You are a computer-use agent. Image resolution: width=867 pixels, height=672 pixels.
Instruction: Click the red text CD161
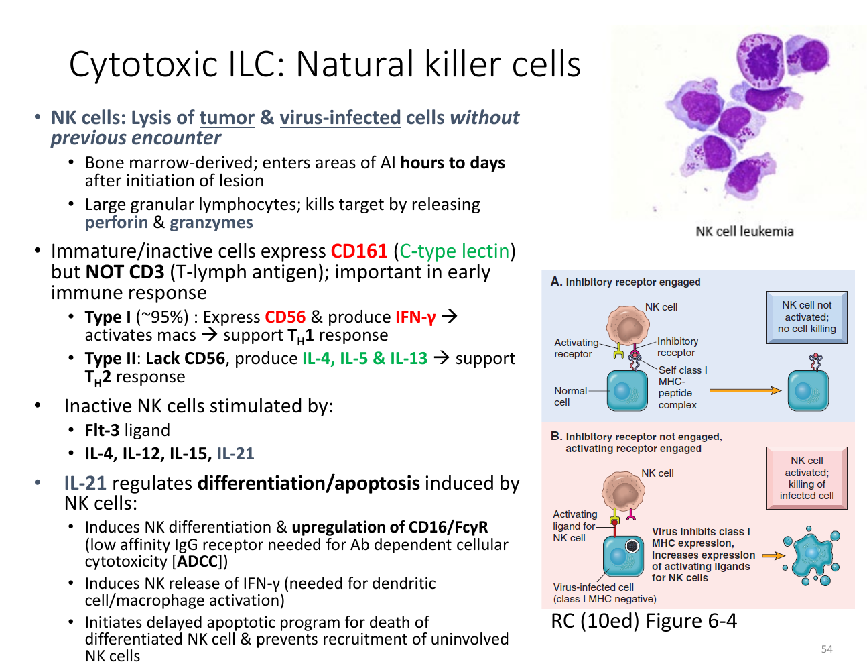[x=358, y=251]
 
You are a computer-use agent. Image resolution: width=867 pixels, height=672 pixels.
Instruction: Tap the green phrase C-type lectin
[x=454, y=251]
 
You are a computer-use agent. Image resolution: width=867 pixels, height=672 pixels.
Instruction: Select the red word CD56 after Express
[x=285, y=317]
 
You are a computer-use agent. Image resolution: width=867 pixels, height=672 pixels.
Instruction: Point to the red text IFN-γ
[x=415, y=317]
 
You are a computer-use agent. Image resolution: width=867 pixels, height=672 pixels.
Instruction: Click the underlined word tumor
[x=227, y=118]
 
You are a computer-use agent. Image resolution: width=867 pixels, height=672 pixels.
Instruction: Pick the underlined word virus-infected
[x=340, y=118]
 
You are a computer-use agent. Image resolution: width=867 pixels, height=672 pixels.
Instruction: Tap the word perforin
[x=116, y=223]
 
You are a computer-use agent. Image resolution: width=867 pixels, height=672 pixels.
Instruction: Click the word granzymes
[x=211, y=223]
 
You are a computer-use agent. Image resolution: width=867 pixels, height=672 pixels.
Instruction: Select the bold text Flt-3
[x=102, y=430]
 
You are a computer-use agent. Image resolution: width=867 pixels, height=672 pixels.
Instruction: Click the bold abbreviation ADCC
[x=197, y=561]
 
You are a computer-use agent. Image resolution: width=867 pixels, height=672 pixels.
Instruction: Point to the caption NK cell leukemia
[x=744, y=231]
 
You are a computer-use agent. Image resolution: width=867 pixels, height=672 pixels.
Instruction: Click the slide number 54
[x=826, y=649]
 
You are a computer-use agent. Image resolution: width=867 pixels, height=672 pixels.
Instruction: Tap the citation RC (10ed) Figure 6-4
[x=644, y=621]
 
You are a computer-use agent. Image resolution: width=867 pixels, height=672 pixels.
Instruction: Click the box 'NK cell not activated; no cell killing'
[x=806, y=317]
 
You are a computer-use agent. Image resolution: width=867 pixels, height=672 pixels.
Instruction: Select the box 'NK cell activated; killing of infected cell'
[x=806, y=478]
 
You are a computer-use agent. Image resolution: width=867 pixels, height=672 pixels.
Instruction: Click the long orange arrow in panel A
[x=745, y=390]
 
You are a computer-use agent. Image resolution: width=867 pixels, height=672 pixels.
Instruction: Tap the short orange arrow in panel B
[x=773, y=555]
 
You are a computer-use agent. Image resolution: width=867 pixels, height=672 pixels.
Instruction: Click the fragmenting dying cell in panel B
[x=811, y=556]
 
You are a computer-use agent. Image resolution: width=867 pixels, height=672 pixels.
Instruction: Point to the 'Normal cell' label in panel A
[x=570, y=396]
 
